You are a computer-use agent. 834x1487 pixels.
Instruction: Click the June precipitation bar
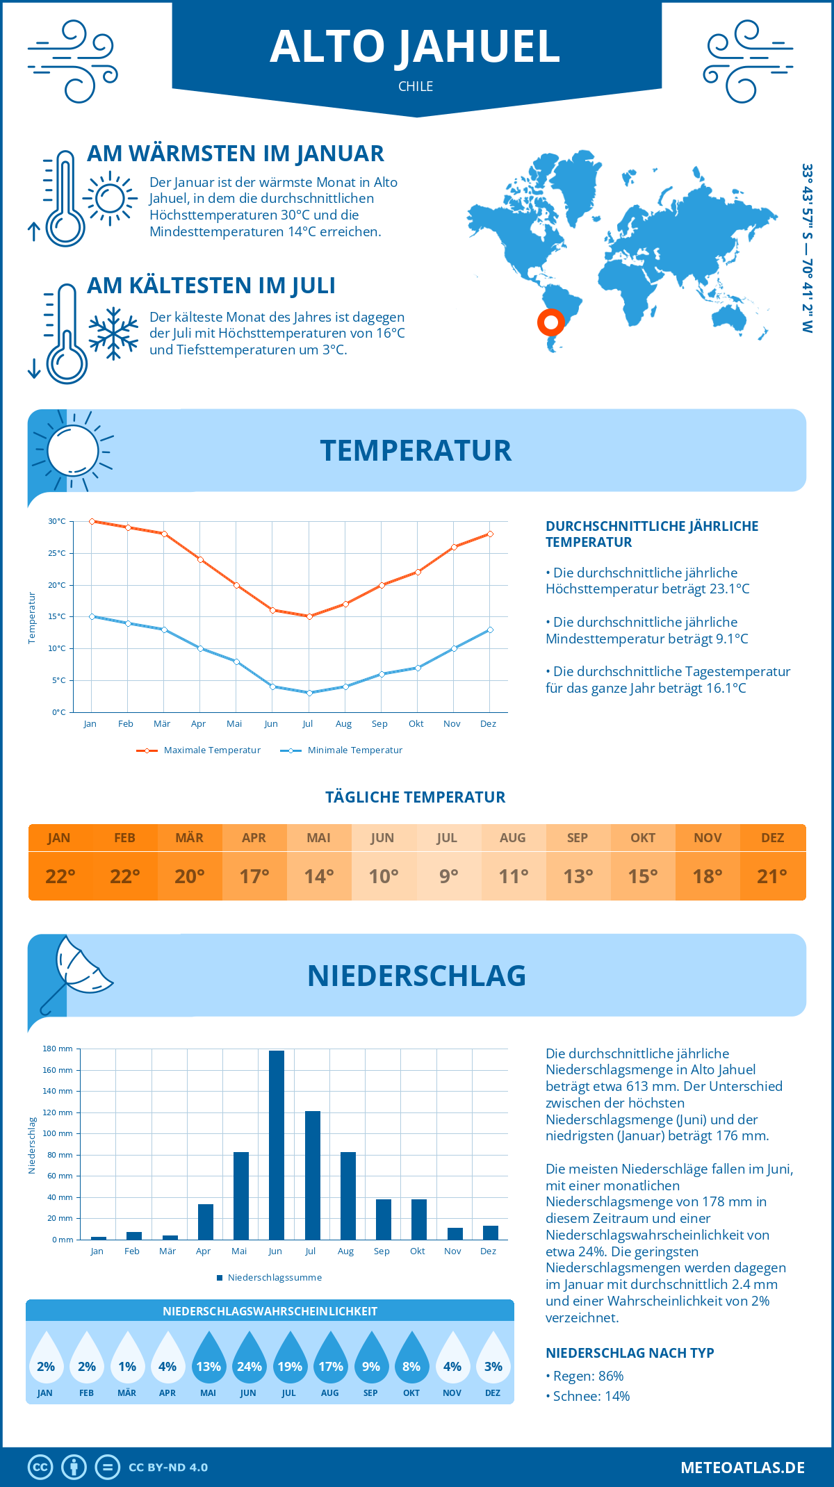point(276,1144)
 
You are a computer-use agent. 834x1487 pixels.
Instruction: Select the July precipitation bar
point(312,1175)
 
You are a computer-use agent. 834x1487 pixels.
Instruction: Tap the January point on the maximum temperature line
point(92,521)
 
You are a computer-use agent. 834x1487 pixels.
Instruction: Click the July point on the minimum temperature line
point(309,693)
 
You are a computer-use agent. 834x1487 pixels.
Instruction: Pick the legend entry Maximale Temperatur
point(199,750)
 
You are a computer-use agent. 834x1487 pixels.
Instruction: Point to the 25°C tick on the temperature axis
point(57,553)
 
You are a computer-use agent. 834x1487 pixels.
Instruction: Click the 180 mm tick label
point(58,1049)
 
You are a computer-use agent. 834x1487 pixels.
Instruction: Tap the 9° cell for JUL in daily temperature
point(448,876)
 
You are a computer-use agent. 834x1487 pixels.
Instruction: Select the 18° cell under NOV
point(707,876)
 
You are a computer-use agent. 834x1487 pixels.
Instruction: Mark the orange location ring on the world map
point(551,322)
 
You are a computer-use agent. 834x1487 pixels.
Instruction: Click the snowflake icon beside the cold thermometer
point(113,333)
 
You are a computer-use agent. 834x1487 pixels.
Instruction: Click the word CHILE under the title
point(416,86)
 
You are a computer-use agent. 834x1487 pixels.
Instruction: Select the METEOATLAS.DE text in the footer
point(742,1468)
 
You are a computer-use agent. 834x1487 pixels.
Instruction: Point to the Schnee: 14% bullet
point(588,1396)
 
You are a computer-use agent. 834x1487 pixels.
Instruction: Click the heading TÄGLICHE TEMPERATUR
point(416,797)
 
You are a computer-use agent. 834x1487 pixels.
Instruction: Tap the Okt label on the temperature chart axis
point(416,724)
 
